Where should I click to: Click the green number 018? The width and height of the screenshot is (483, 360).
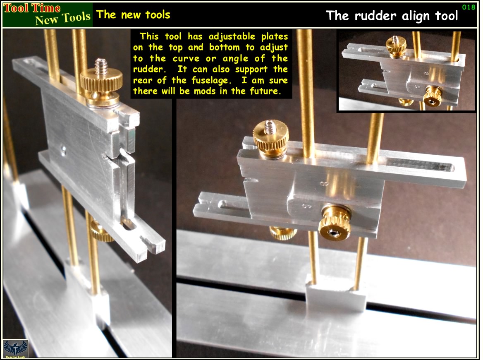point(469,7)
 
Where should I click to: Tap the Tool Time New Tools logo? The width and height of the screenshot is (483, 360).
point(48,14)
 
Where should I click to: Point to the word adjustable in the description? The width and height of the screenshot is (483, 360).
point(232,37)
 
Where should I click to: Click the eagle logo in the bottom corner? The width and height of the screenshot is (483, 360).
point(15,348)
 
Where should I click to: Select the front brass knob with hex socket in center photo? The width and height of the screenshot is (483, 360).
point(334,223)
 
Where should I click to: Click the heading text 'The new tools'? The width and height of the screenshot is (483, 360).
point(133,14)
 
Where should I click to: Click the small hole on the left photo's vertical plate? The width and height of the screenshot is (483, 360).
point(63,150)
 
